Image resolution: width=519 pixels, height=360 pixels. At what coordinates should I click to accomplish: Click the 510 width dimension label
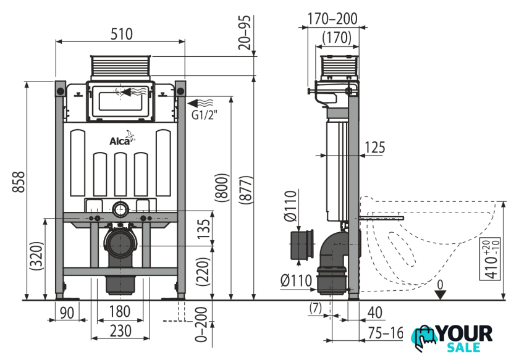pyautogui.click(x=122, y=34)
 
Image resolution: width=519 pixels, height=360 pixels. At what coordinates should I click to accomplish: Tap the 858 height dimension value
pyautogui.click(x=19, y=182)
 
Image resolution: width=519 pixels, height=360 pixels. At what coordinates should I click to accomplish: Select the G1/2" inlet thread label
pyautogui.click(x=205, y=115)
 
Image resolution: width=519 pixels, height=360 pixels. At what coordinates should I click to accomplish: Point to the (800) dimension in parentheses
pyautogui.click(x=221, y=188)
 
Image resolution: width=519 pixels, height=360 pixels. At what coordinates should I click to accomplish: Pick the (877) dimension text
pyautogui.click(x=246, y=190)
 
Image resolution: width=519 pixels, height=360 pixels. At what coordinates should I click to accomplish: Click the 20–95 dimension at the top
pyautogui.click(x=245, y=33)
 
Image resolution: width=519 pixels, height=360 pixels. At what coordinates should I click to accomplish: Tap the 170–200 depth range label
pyautogui.click(x=332, y=19)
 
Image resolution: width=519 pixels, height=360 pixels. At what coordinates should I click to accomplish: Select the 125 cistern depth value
pyautogui.click(x=374, y=148)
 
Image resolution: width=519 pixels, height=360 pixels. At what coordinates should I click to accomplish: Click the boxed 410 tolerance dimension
pyautogui.click(x=490, y=259)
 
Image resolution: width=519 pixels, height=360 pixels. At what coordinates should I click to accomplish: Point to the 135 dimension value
pyautogui.click(x=204, y=229)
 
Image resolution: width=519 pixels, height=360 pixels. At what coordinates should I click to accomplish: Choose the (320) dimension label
pyautogui.click(x=36, y=256)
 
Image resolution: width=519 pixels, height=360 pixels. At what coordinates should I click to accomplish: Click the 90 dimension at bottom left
pyautogui.click(x=67, y=312)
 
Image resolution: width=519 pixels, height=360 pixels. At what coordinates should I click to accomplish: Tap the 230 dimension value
pyautogui.click(x=120, y=331)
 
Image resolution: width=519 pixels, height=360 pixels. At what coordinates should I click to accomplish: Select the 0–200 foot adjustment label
pyautogui.click(x=201, y=324)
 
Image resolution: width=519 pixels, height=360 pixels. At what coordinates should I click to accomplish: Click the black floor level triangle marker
pyautogui.click(x=440, y=295)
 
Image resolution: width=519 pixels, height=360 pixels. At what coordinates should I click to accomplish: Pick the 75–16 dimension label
pyautogui.click(x=386, y=333)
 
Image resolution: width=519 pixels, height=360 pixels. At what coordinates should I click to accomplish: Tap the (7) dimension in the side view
pyautogui.click(x=315, y=308)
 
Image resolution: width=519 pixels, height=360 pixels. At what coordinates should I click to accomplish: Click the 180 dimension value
pyautogui.click(x=119, y=312)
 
